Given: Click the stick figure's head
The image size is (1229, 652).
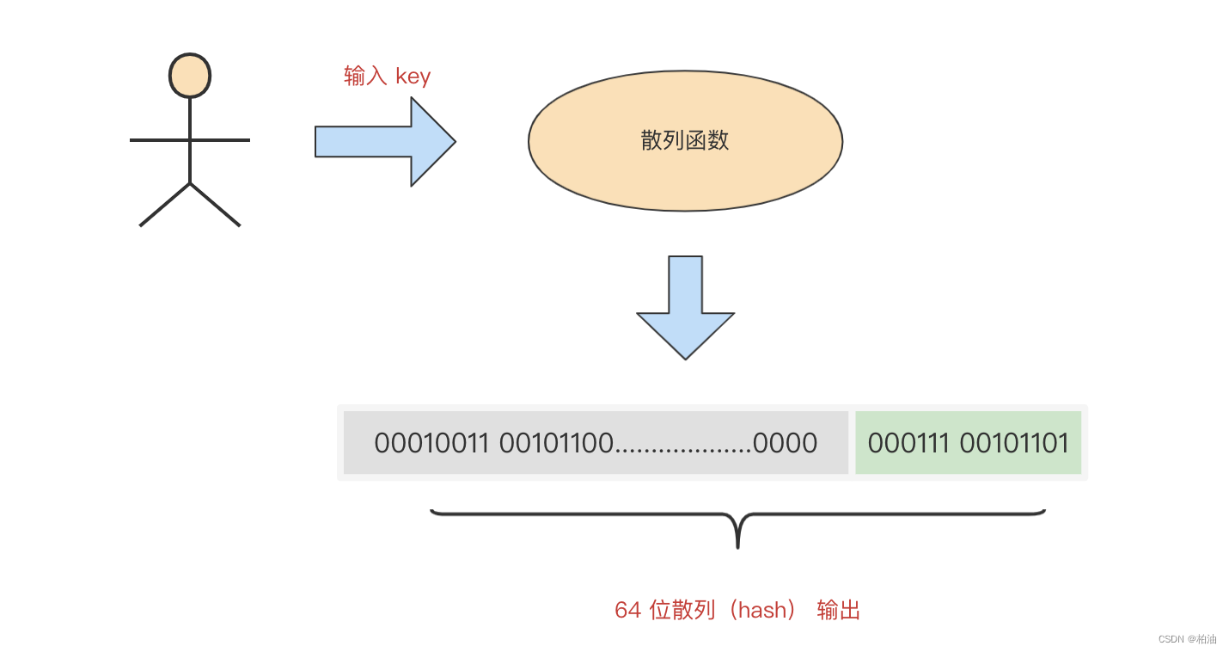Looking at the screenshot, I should (190, 76).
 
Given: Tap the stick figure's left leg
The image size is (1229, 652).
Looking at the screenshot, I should (164, 205).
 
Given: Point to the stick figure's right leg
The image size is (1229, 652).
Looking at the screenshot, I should (215, 205).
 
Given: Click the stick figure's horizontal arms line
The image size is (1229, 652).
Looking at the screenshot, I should (190, 139).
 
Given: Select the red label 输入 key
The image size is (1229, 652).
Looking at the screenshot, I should (387, 76).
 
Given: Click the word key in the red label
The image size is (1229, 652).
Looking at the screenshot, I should (413, 77).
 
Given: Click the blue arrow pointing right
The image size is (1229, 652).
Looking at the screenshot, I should (385, 141).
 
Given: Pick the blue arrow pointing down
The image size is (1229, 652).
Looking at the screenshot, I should (685, 308).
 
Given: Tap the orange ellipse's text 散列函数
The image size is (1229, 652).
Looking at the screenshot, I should (685, 140).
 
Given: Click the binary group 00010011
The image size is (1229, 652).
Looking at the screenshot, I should (431, 443).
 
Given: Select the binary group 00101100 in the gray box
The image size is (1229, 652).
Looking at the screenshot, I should (556, 443).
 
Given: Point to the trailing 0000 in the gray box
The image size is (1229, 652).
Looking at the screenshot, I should (785, 443).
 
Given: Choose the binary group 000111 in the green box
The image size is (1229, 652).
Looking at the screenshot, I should (908, 443).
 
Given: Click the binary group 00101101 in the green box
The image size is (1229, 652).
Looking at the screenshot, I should (1014, 443).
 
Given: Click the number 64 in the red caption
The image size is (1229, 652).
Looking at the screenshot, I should (628, 610).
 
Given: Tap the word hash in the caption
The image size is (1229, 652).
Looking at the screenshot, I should (762, 610).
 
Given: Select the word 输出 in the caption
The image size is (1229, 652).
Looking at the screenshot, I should (839, 610).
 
